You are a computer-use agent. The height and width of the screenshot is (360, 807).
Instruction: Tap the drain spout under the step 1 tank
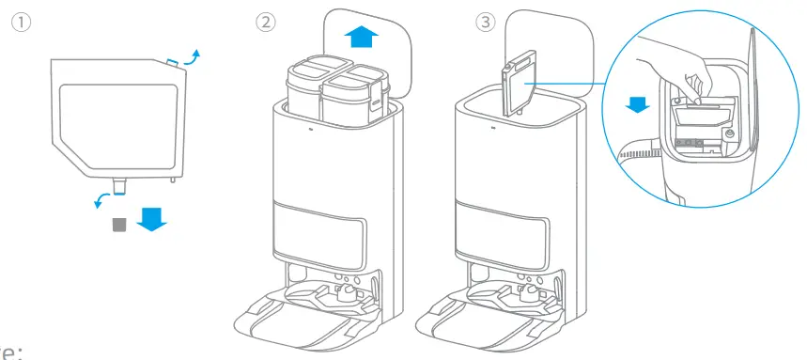pos(120,187)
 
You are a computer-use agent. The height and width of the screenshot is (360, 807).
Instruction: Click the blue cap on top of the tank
pos(174,62)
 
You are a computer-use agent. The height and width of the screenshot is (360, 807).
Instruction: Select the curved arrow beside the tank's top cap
pos(192,56)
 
